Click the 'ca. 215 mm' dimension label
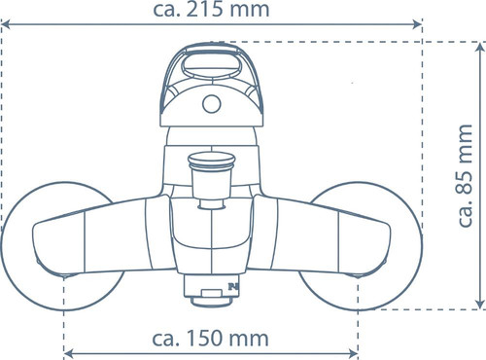(x=211, y=9)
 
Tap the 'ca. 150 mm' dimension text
(x=210, y=339)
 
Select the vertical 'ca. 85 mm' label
(x=466, y=175)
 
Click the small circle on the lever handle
(x=212, y=104)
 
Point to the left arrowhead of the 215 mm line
(x=6, y=24)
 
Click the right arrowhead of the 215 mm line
(x=417, y=24)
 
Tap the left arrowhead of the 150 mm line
(x=69, y=353)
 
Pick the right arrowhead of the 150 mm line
(x=353, y=353)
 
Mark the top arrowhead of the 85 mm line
(x=480, y=48)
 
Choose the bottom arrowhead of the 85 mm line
(x=480, y=304)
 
